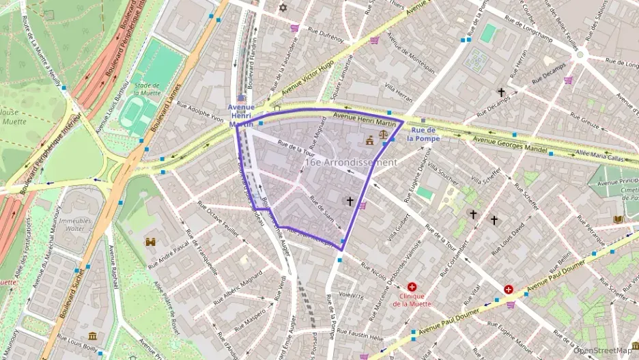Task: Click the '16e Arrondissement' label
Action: click(350, 163)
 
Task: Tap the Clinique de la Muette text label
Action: click(412, 300)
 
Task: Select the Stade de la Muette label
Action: click(147, 89)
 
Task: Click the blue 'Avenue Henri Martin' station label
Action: click(241, 115)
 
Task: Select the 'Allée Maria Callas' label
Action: click(600, 155)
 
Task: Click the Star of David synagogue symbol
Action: click(283, 8)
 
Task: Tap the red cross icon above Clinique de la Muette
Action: click(412, 288)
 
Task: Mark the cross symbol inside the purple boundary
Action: click(350, 201)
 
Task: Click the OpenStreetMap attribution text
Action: click(605, 350)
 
